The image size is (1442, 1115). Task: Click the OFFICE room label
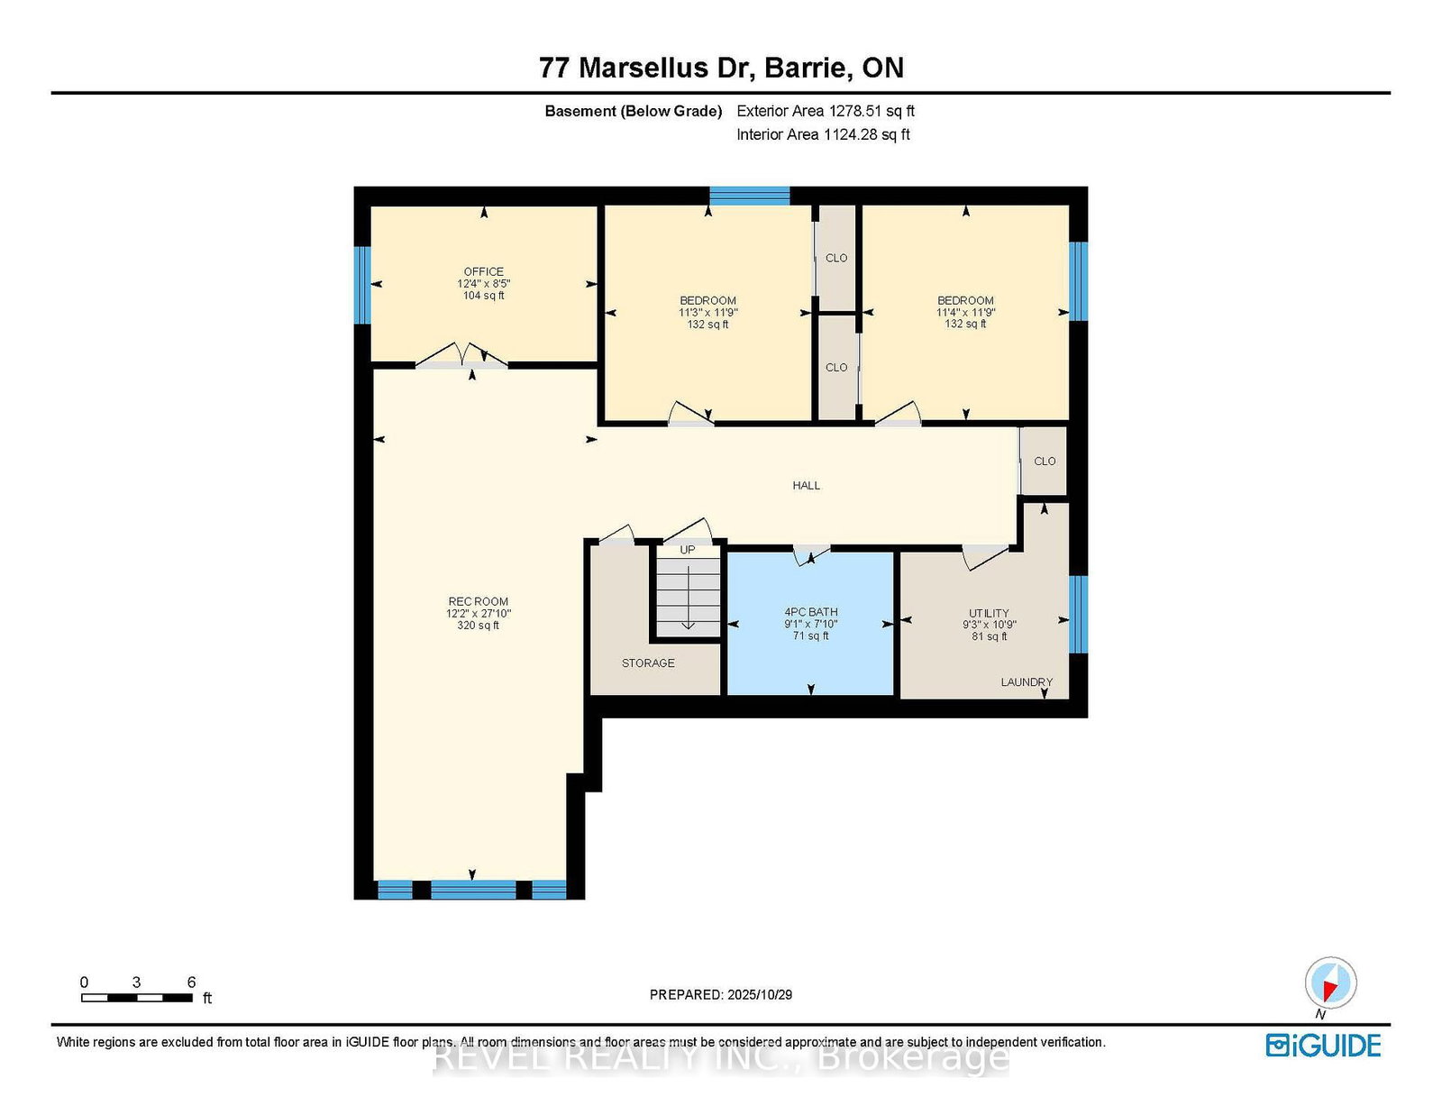coord(483,271)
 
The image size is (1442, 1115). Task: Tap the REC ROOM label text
coord(478,601)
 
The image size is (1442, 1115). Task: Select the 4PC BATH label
coord(810,612)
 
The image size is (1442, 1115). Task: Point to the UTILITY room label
coord(989,613)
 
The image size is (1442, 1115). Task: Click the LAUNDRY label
coord(1026,682)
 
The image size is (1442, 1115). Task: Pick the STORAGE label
coord(647,663)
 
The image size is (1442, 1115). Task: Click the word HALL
coord(806,485)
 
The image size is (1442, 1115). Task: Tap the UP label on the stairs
coord(688,550)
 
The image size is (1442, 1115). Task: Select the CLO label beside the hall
coord(1045,461)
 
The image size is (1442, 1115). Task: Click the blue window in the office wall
coord(362,284)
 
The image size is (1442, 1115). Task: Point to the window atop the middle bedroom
coord(749,195)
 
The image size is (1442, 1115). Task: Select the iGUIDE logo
coord(1323,1046)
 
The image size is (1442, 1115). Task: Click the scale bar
coord(137,998)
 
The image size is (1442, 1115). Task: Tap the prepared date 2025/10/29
coord(720,994)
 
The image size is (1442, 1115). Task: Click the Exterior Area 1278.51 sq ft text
coord(825,111)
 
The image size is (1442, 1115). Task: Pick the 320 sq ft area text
coord(478,626)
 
